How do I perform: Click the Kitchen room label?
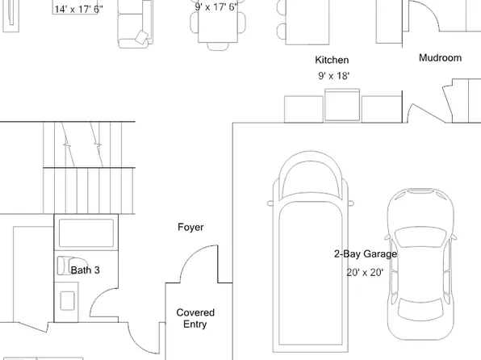click(x=332, y=61)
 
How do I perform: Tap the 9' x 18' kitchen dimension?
click(x=333, y=76)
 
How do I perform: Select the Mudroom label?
click(x=440, y=58)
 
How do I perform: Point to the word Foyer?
click(x=190, y=228)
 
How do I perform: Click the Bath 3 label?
click(x=85, y=270)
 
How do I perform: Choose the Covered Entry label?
click(x=195, y=318)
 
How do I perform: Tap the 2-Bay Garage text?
click(x=366, y=254)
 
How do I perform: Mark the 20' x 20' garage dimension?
click(x=366, y=273)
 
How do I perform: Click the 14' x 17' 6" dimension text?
click(x=78, y=9)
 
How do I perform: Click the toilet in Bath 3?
click(x=64, y=266)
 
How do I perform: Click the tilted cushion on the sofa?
click(x=141, y=36)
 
